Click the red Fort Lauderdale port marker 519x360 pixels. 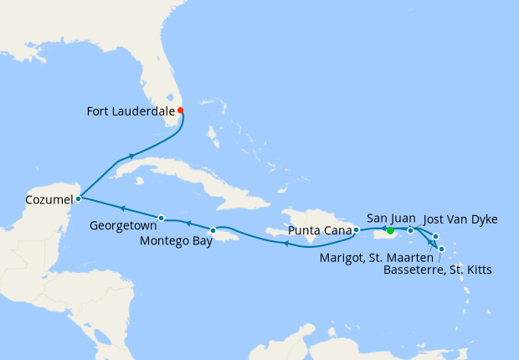[x=180, y=110]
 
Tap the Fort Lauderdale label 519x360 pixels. [x=131, y=110]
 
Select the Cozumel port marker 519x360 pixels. [x=77, y=198]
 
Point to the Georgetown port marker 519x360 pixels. [x=161, y=219]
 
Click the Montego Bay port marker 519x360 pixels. [x=213, y=230]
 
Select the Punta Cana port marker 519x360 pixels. [x=356, y=229]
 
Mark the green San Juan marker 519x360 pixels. [x=390, y=230]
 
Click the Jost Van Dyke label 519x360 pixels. [x=460, y=220]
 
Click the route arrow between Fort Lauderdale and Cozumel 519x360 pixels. [x=131, y=156]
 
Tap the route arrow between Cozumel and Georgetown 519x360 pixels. [x=122, y=209]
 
